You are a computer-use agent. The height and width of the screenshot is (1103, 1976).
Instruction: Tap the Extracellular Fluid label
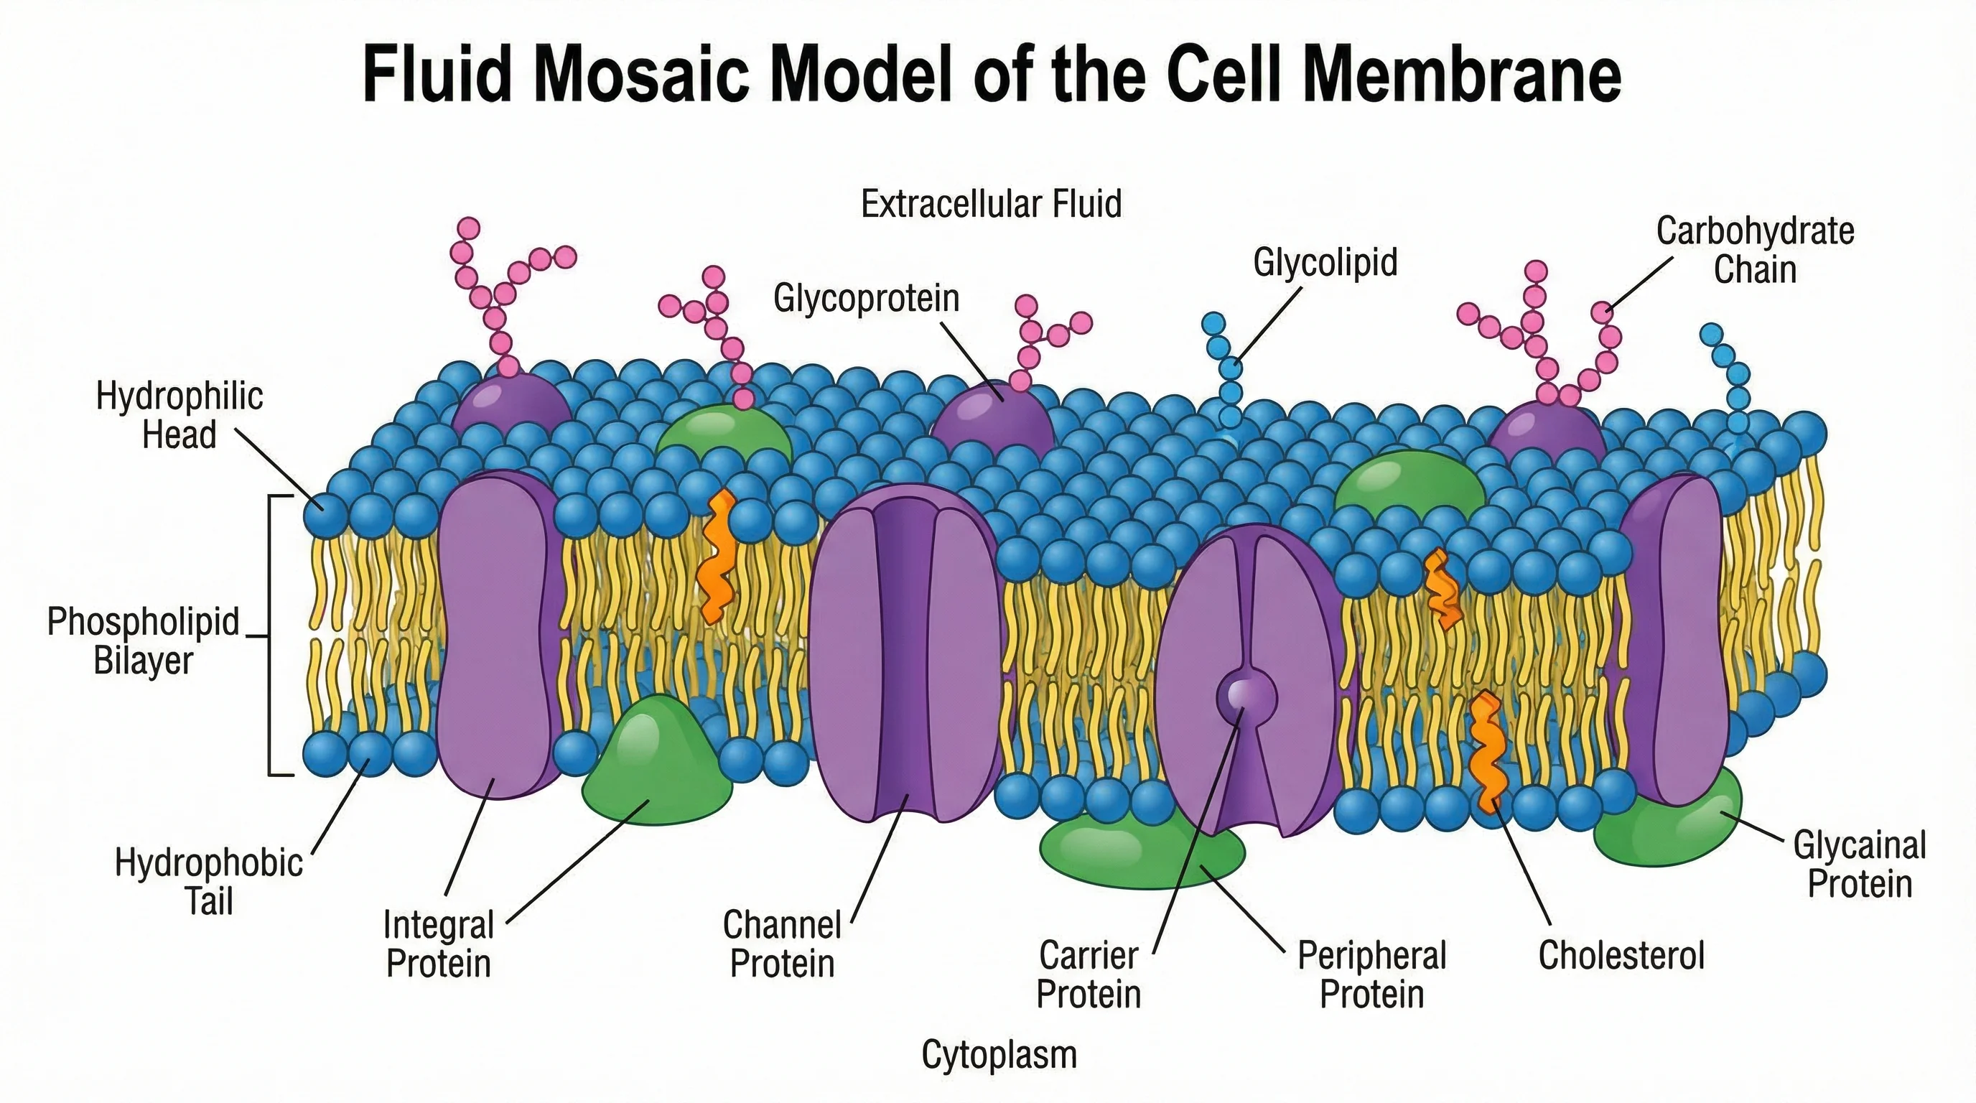pyautogui.click(x=991, y=204)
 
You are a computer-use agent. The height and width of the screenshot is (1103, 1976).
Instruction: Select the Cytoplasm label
pyautogui.click(x=999, y=1055)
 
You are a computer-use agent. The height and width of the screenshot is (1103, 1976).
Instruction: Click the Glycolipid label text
pyautogui.click(x=1325, y=262)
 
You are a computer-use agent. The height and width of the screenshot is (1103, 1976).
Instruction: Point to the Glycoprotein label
pyautogui.click(x=866, y=297)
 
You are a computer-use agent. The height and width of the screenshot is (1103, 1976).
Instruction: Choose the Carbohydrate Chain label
pyautogui.click(x=1754, y=250)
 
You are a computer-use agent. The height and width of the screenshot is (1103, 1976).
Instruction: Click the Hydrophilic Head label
pyautogui.click(x=180, y=416)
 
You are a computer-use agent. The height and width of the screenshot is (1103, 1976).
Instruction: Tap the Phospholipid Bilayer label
pyautogui.click(x=144, y=641)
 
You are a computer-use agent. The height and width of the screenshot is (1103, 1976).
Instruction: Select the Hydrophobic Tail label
pyautogui.click(x=209, y=882)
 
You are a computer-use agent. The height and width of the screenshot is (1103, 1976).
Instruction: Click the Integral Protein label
pyautogui.click(x=438, y=944)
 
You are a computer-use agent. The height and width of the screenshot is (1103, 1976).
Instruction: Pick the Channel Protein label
pyautogui.click(x=782, y=944)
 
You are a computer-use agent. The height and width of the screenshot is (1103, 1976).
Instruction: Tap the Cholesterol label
pyautogui.click(x=1621, y=956)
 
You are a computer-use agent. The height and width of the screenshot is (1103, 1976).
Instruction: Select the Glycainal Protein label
pyautogui.click(x=1860, y=865)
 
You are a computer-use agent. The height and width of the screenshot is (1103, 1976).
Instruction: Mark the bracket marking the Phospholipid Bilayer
pyautogui.click(x=271, y=636)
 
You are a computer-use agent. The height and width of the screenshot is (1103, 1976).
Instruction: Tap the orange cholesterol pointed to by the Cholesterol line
pyautogui.click(x=1486, y=752)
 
